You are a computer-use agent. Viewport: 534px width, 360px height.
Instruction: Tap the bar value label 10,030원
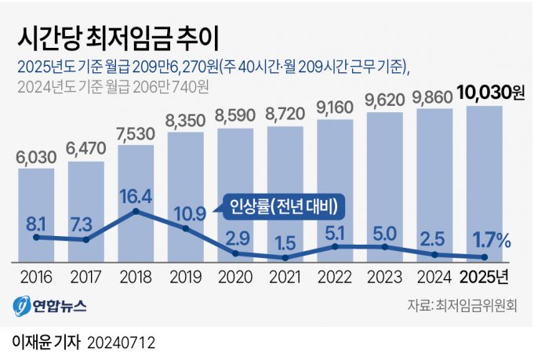coord(491,93)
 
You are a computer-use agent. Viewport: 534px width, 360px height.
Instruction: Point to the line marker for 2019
coord(186,228)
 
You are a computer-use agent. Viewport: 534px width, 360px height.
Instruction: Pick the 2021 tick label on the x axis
coord(285,278)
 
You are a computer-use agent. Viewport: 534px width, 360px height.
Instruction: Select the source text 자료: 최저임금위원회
coord(463,306)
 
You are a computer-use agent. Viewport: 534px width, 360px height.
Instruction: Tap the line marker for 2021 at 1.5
coord(285,258)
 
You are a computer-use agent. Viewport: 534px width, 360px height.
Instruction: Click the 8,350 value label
coord(186,120)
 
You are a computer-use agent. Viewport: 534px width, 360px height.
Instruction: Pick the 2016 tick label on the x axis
coord(35,278)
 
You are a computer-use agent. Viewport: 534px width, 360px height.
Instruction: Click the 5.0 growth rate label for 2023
coord(385,232)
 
